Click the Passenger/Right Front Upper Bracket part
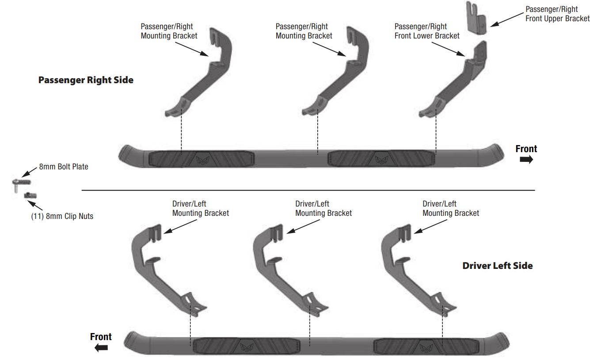point(477,18)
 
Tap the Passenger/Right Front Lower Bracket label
point(426,31)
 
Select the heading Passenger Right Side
point(86,80)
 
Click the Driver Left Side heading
point(498,266)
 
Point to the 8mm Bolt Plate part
point(21,185)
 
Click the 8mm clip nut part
point(30,195)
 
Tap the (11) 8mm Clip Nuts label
point(62,216)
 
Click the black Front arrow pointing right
point(526,160)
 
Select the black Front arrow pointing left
point(101,348)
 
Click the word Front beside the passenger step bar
point(526,149)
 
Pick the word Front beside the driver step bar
point(101,337)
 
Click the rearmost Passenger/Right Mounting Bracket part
point(198,72)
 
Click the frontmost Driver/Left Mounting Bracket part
point(169,270)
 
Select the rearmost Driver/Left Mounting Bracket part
point(419,270)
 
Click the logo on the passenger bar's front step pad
point(381,159)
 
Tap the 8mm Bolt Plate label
point(64,167)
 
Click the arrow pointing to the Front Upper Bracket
point(507,19)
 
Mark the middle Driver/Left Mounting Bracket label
point(324,208)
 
